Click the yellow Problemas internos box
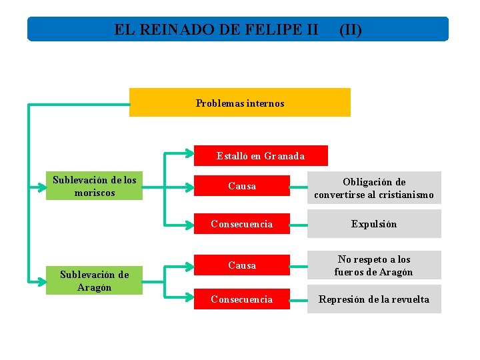coord(239,103)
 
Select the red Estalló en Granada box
coord(261,156)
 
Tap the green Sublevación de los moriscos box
coord(94,187)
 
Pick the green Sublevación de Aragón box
coord(94,281)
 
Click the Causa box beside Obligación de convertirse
coord(242,186)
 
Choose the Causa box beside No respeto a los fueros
coord(242,265)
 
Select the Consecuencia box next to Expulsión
coord(242,224)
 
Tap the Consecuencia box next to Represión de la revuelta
coord(242,299)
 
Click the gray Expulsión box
coord(374,224)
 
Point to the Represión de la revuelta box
coord(374,299)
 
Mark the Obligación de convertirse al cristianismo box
coord(374,188)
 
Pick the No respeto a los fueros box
coord(374,265)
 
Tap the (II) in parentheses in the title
coord(351,30)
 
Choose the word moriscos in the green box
coord(94,193)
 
